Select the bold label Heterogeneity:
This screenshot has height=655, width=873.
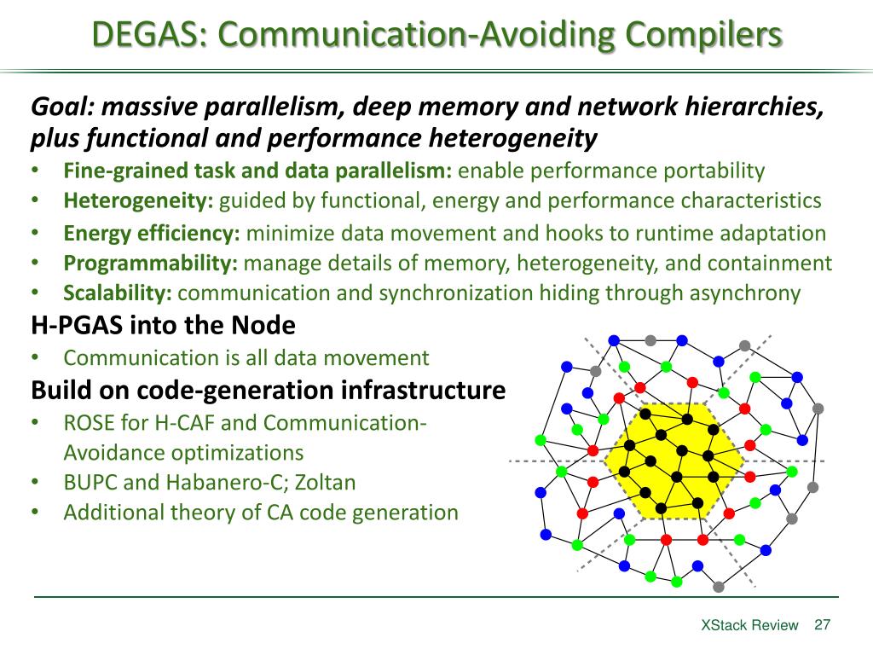click(x=139, y=201)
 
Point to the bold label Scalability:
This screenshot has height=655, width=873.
click(x=118, y=293)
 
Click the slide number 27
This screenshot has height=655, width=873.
click(x=823, y=624)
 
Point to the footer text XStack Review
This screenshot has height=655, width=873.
click(x=749, y=625)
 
